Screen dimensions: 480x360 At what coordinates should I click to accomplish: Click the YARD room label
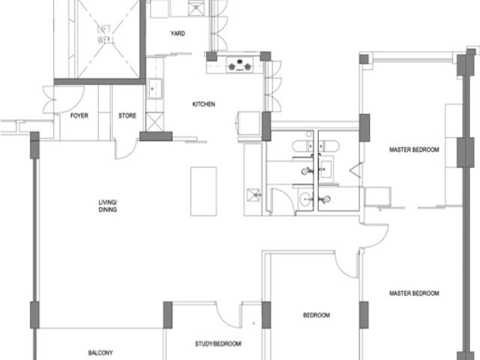click(x=178, y=33)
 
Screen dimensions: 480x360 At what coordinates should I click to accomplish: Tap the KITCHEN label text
click(x=203, y=104)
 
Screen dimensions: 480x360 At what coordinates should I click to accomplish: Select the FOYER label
click(x=79, y=115)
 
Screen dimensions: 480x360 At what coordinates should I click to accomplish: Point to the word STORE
click(x=127, y=115)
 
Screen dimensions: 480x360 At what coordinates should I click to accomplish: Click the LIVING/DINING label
click(x=107, y=206)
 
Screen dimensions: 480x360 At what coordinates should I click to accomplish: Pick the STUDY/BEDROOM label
click(x=218, y=344)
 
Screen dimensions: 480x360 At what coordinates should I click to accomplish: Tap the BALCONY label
click(x=100, y=353)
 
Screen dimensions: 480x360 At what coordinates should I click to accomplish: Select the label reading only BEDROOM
click(x=316, y=315)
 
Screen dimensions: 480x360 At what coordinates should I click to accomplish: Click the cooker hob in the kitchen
click(x=240, y=65)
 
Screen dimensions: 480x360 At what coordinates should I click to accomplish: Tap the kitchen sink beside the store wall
click(x=154, y=88)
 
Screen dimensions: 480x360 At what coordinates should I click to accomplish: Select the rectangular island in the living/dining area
click(x=203, y=192)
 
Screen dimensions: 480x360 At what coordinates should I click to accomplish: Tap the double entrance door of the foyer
click(x=63, y=100)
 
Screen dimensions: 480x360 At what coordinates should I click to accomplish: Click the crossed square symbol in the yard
click(x=196, y=8)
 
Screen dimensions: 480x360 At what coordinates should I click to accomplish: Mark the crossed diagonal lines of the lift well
click(x=108, y=38)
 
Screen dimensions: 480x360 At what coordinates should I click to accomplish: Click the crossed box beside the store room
click(x=154, y=121)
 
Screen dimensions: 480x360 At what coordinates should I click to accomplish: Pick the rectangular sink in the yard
click(x=159, y=8)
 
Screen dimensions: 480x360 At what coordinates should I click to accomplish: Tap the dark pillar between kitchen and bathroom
click(x=266, y=127)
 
